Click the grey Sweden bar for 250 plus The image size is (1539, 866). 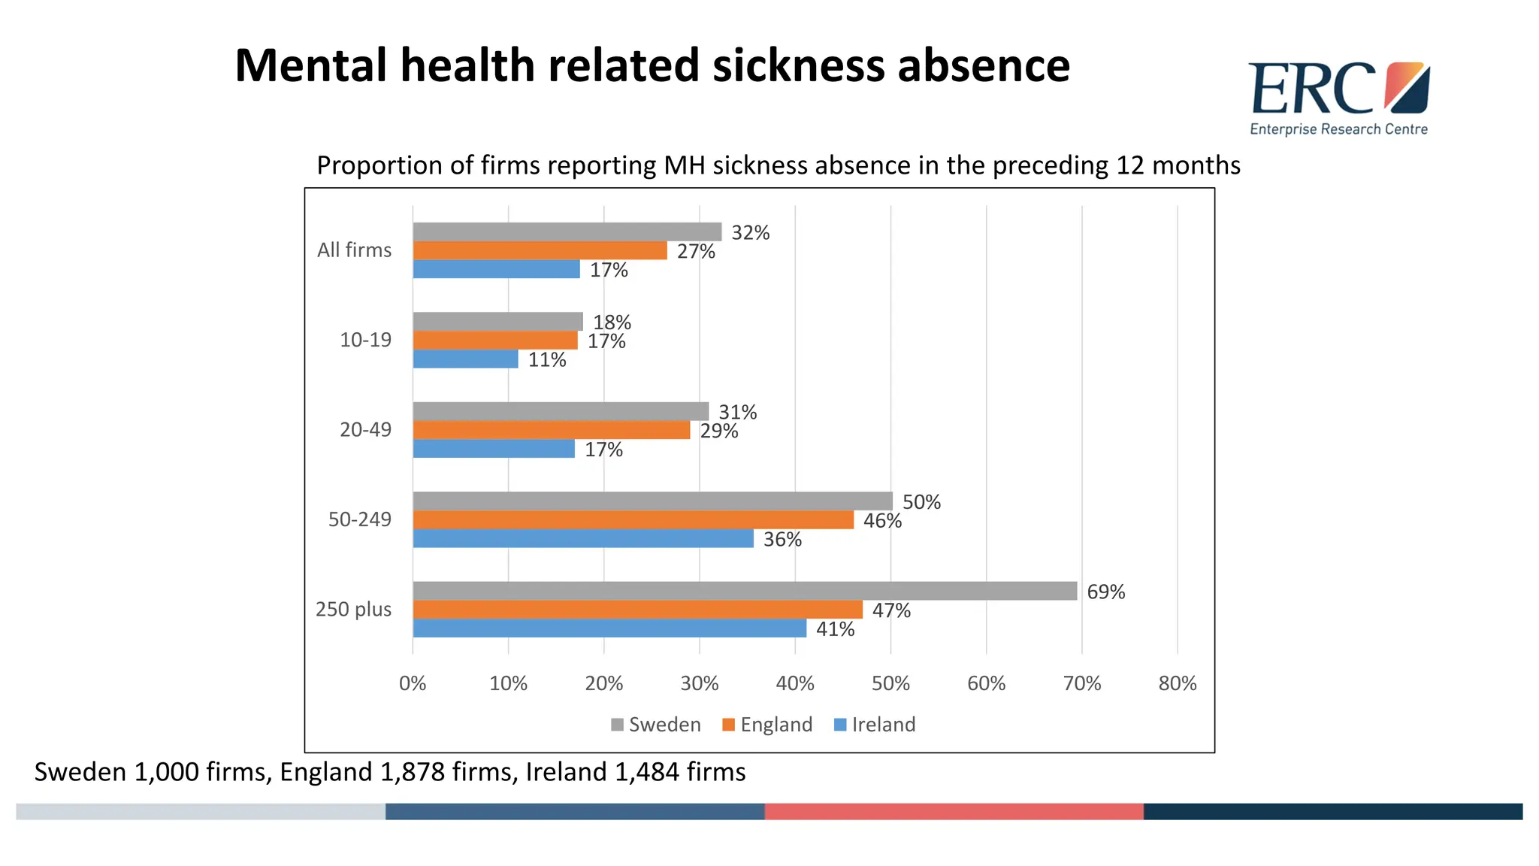pyautogui.click(x=744, y=591)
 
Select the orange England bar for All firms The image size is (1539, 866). pyautogui.click(x=540, y=250)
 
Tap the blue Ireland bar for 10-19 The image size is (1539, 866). pyautogui.click(x=465, y=359)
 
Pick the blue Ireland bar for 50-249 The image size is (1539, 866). pyautogui.click(x=582, y=538)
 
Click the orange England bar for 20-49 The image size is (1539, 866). pyautogui.click(x=551, y=430)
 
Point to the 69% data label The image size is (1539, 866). pyautogui.click(x=1105, y=592)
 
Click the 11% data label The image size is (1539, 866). pyautogui.click(x=546, y=360)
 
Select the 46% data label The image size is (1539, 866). pyautogui.click(x=882, y=521)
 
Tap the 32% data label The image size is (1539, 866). pyautogui.click(x=750, y=233)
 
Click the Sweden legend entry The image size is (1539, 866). pyautogui.click(x=656, y=725)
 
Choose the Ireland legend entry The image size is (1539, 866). pyautogui.click(x=875, y=725)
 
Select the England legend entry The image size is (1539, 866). pyautogui.click(x=767, y=725)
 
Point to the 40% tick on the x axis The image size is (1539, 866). pyautogui.click(x=795, y=683)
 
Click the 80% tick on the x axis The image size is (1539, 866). pyautogui.click(x=1177, y=683)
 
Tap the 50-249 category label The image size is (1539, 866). pyautogui.click(x=359, y=519)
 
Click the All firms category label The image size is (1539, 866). pyautogui.click(x=354, y=250)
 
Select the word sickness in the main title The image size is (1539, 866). pyautogui.click(x=799, y=65)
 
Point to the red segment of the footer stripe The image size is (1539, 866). pyautogui.click(x=954, y=811)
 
